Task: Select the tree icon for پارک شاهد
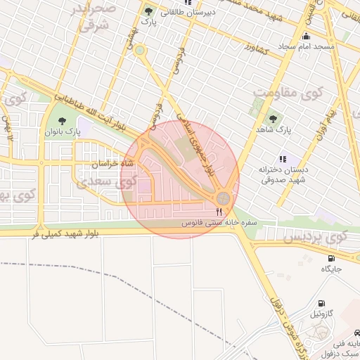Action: click(x=273, y=118)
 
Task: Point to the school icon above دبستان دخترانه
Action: click(x=283, y=159)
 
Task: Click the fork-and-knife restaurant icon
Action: click(x=219, y=211)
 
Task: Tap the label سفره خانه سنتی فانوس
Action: click(x=212, y=222)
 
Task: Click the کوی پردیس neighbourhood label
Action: click(x=316, y=237)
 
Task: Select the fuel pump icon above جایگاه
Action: click(x=331, y=257)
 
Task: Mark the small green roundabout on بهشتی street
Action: click(x=140, y=50)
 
